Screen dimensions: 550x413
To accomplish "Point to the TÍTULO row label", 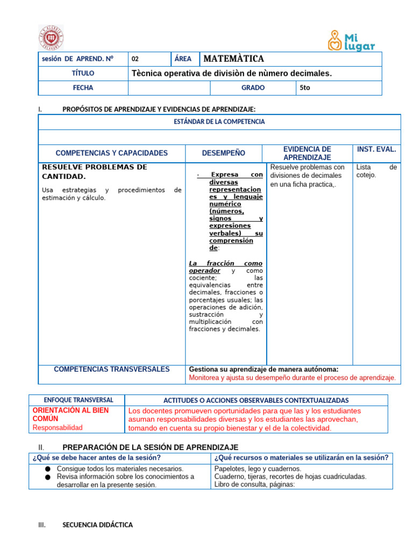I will click(83, 73).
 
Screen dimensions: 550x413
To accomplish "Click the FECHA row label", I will click(83, 88).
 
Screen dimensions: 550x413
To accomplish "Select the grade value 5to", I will click(304, 88).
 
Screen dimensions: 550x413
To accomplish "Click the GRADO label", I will click(253, 88).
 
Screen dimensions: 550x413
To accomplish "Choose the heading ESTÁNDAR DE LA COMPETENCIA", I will click(219, 122).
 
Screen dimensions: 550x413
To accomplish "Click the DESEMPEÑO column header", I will click(223, 153).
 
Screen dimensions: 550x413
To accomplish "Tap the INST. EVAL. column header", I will click(376, 149).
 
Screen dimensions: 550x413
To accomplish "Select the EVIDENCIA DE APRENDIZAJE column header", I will click(307, 153).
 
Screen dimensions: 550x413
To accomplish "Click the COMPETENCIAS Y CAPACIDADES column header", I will click(112, 153).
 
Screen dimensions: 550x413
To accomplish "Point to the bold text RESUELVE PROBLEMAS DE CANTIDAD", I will click(94, 172).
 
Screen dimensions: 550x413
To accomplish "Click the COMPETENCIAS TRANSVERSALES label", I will click(112, 369).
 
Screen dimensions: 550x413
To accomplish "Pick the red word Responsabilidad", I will click(58, 428).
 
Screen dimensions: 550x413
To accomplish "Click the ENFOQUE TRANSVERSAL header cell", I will click(79, 400).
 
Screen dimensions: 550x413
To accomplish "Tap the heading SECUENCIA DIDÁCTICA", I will click(97, 525).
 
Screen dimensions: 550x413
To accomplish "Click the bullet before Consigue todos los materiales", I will click(47, 469).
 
